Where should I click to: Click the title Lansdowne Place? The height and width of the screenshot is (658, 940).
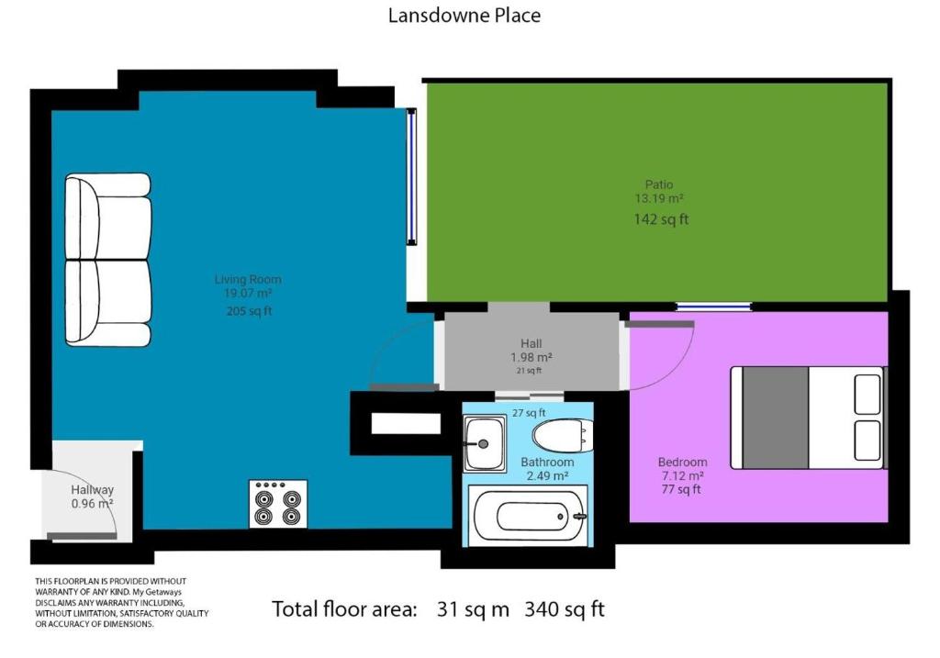pyautogui.click(x=464, y=15)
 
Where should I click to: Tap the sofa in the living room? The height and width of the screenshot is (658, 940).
pyautogui.click(x=108, y=260)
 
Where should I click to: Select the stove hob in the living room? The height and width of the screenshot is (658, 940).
pyautogui.click(x=278, y=504)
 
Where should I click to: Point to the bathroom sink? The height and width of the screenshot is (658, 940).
pyautogui.click(x=485, y=443)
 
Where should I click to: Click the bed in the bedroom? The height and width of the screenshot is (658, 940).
pyautogui.click(x=808, y=418)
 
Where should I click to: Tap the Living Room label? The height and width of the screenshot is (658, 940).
pyautogui.click(x=248, y=279)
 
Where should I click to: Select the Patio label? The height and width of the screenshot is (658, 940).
pyautogui.click(x=659, y=184)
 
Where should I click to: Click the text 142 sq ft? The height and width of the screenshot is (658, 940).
pyautogui.click(x=661, y=219)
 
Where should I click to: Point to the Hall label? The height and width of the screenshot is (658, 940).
pyautogui.click(x=532, y=343)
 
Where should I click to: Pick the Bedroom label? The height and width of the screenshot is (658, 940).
pyautogui.click(x=682, y=462)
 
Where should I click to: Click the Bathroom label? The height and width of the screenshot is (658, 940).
pyautogui.click(x=547, y=462)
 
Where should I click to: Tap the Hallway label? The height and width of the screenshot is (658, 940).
pyautogui.click(x=93, y=490)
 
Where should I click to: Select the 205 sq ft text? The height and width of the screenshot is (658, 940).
pyautogui.click(x=249, y=311)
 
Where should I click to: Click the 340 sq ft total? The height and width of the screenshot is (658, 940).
pyautogui.click(x=565, y=608)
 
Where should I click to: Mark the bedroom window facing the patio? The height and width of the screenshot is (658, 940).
pyautogui.click(x=714, y=307)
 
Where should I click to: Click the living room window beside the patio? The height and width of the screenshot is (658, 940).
pyautogui.click(x=412, y=177)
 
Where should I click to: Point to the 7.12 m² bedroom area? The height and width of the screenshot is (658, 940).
pyautogui.click(x=682, y=475)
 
